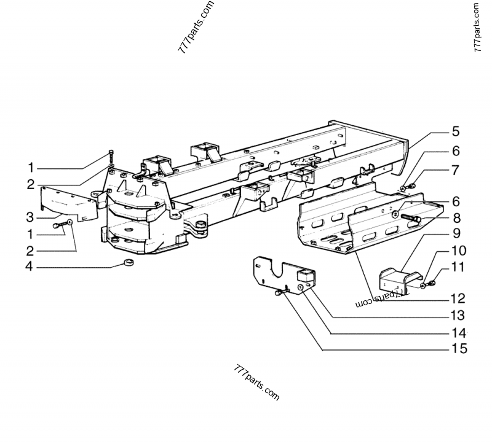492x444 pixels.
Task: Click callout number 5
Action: tap(456, 131)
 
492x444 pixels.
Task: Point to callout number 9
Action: tap(456, 234)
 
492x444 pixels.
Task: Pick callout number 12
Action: tap(456, 299)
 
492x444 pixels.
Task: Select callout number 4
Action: tap(30, 267)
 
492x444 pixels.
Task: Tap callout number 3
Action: tap(30, 216)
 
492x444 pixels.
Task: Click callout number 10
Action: tap(456, 251)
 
